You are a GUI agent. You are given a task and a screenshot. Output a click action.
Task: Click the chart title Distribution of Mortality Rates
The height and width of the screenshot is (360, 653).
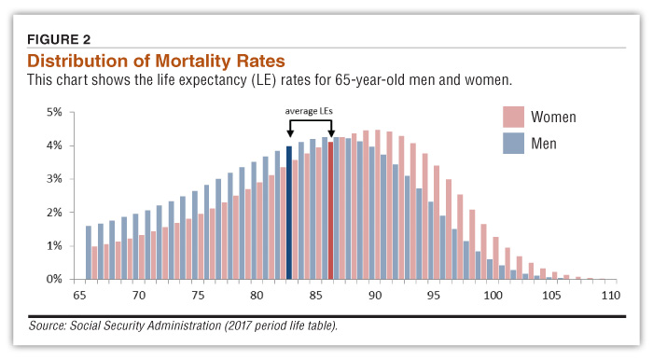tap(156, 61)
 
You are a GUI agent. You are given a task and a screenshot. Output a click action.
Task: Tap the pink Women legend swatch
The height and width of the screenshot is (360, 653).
tap(513, 117)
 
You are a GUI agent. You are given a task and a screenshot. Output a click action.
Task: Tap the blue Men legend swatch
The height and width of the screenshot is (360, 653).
tap(513, 143)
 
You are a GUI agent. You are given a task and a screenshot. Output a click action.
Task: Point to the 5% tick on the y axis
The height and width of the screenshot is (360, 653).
tap(54, 112)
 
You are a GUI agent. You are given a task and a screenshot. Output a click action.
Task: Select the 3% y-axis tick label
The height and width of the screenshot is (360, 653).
tap(54, 179)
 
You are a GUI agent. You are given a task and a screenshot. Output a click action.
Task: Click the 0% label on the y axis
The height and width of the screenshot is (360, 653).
tap(54, 279)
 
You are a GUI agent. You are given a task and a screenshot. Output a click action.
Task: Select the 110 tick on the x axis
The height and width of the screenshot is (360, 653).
tap(610, 295)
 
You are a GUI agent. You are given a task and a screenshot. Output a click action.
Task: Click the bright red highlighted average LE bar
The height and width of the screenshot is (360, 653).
tap(330, 211)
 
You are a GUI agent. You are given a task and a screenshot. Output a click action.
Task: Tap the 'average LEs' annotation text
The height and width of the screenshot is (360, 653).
tap(309, 111)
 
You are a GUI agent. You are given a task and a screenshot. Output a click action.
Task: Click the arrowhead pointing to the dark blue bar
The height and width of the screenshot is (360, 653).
tap(289, 133)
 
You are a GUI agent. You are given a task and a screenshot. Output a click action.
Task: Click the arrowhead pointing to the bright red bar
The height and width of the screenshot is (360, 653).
tap(330, 133)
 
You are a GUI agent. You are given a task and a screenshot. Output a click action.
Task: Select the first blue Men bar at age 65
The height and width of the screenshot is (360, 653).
tap(89, 252)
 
